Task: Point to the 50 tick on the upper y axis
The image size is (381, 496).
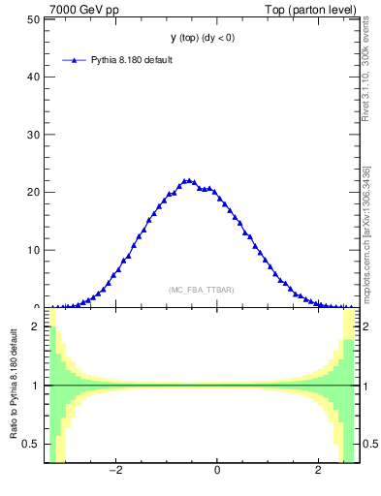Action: tap(33, 18)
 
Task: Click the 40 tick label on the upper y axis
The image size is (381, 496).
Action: tap(33, 76)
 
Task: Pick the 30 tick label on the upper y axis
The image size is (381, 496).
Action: tap(33, 134)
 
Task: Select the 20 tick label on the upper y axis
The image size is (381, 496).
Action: tap(33, 192)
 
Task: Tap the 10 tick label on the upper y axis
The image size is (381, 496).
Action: tap(33, 250)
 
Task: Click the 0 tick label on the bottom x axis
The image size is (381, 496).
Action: tap(217, 472)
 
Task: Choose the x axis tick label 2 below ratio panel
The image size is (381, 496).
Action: tap(318, 472)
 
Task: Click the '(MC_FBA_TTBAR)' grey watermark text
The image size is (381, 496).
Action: tap(201, 290)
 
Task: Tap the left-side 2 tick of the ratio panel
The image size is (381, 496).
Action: tap(36, 326)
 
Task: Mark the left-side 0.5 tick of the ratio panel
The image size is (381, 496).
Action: tap(33, 444)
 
